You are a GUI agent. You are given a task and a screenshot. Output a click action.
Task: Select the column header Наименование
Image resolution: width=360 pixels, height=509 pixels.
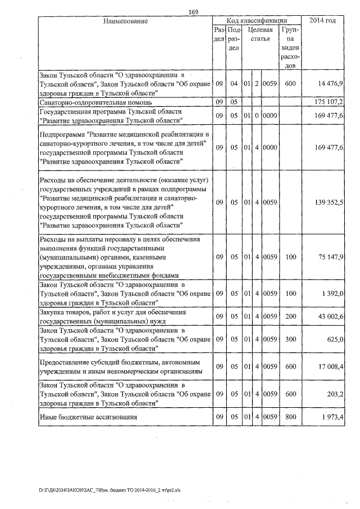point(125,21)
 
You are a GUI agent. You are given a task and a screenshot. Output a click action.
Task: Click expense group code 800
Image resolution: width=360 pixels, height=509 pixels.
point(291,417)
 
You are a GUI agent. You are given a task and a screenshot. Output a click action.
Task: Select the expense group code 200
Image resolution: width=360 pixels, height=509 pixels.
point(291,318)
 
